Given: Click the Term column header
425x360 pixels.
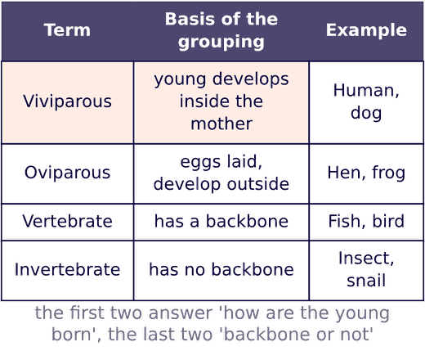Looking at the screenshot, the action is pos(67,30).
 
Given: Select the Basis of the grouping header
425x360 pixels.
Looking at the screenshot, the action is pos(221,30).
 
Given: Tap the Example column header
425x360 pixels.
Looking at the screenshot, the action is pos(366,30).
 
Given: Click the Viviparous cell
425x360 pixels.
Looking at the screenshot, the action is pos(67,101).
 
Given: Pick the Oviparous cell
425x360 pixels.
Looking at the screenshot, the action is pos(67,173).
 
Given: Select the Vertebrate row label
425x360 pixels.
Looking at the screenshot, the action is pos(67,221).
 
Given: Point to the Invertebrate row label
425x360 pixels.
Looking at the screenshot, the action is pos(67,270).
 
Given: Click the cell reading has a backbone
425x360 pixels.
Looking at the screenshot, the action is pos(221,221).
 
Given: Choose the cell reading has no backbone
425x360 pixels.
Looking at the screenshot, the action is pos(221,270).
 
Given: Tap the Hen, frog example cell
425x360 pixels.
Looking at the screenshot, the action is pos(366,173).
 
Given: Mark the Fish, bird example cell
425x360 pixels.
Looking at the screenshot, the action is pos(366,221).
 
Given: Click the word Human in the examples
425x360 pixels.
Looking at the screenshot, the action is pos(363,90).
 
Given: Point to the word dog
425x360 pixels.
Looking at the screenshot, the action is pos(366,113).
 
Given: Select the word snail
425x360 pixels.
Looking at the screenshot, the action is pos(366,281).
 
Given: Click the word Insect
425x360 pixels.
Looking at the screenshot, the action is pos(363,259).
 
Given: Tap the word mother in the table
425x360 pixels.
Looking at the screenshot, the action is pos(221,124).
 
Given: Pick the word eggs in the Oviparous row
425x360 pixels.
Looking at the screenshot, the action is pos(200,163).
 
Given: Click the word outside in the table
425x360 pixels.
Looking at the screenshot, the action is pos(258,184).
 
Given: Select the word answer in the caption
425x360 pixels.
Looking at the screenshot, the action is pos(181,313).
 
